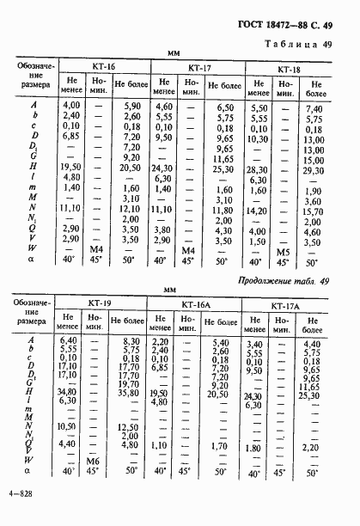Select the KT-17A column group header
click(x=284, y=306)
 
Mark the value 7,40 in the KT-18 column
click(x=314, y=109)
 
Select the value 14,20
click(x=258, y=209)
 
